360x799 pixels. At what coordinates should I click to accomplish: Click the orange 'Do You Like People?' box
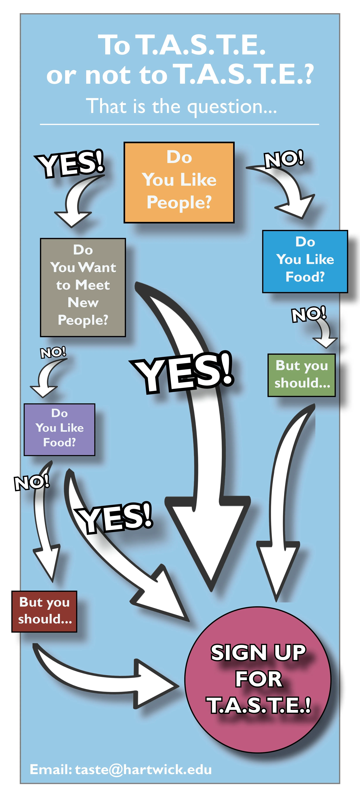(179, 182)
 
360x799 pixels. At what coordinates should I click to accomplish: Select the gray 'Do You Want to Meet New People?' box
(83, 287)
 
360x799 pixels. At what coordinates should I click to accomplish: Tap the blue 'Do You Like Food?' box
(305, 261)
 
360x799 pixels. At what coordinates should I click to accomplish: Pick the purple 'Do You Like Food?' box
(59, 429)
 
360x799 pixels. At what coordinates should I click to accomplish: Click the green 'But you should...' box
(301, 375)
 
